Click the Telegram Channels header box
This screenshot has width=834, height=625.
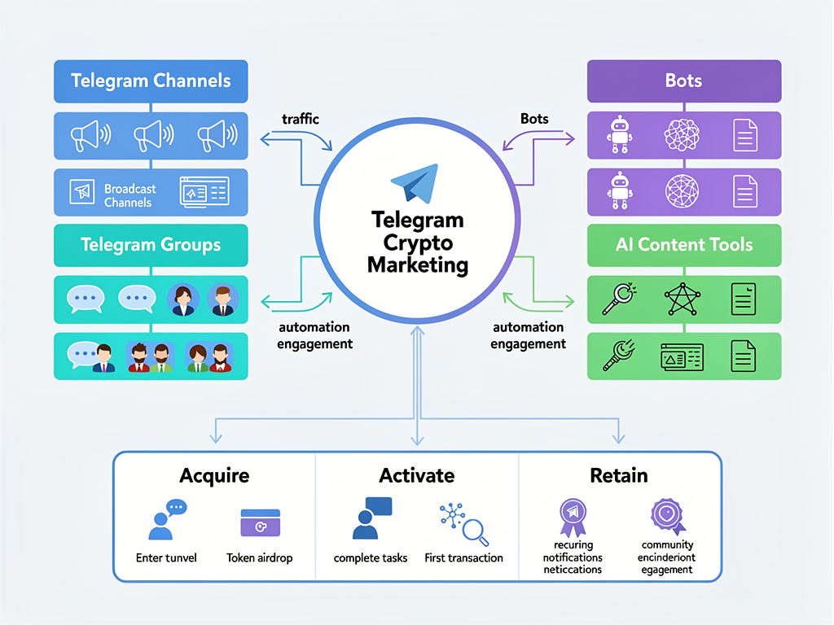coord(151,81)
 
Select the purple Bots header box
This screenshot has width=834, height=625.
coord(684,81)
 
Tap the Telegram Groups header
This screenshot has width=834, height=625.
coord(151,245)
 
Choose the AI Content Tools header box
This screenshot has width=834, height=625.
coord(684,245)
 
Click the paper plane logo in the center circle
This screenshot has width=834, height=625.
coord(416,183)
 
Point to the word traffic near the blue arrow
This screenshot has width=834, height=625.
coord(300,119)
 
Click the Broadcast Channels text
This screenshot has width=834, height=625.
coord(129,195)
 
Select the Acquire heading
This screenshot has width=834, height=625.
coord(213,475)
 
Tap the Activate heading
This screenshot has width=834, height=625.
coord(416,475)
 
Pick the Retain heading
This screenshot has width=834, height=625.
coord(619,475)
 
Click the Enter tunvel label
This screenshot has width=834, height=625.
coord(166,558)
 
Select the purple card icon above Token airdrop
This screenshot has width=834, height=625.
coord(260,522)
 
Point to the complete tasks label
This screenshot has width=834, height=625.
coord(371,558)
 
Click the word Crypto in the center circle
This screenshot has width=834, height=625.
coord(417,243)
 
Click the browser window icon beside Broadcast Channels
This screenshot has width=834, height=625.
coord(204,192)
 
